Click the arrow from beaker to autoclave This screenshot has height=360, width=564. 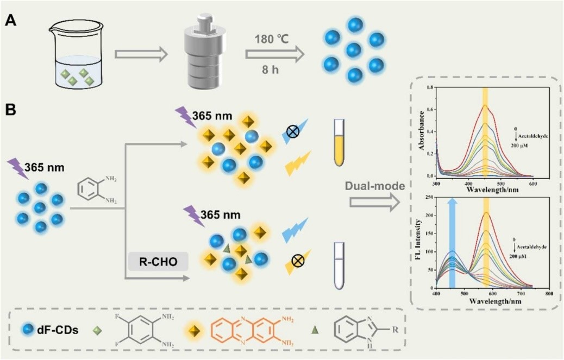[139, 54]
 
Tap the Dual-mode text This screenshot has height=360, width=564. [374, 186]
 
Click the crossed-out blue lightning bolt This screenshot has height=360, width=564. [293, 133]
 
